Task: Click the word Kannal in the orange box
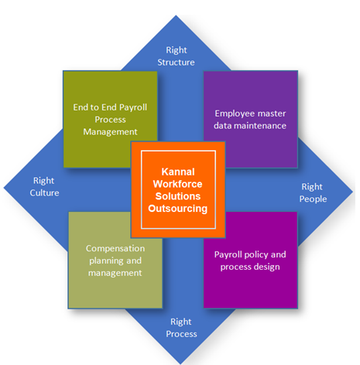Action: point(178,172)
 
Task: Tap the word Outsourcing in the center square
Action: point(178,209)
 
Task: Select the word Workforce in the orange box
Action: point(178,184)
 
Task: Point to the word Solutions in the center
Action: point(178,196)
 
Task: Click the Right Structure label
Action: point(177,56)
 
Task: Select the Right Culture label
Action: point(44,186)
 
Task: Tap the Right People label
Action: point(313,193)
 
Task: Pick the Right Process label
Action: point(181,328)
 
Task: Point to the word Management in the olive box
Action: point(110,132)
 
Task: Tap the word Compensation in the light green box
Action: point(115,248)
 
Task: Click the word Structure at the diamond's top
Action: point(177,63)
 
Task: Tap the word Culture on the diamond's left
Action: point(44,193)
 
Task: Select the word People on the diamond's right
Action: point(313,200)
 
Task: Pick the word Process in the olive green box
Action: point(110,120)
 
